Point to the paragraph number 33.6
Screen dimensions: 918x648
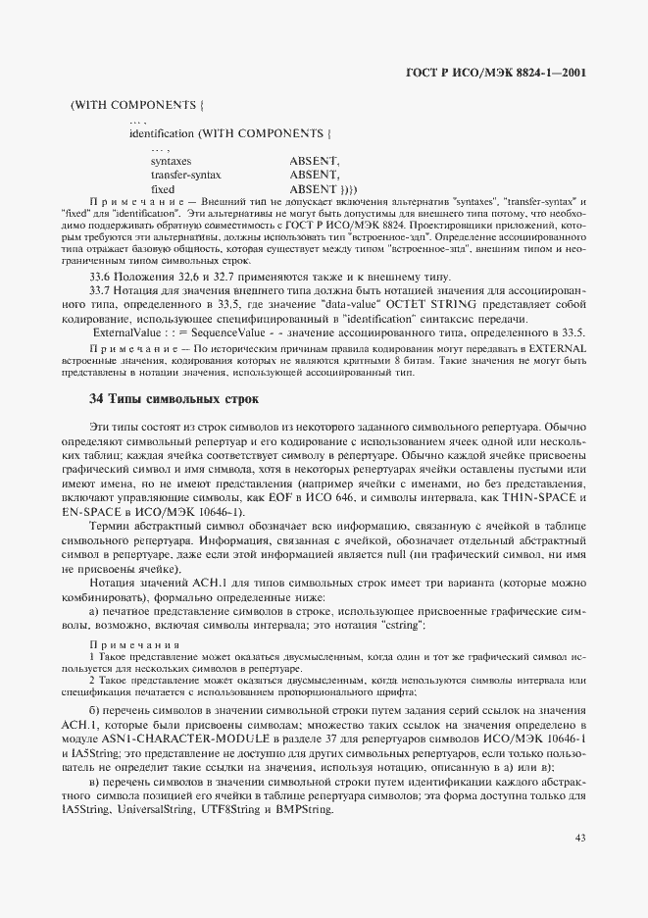click(x=101, y=278)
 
